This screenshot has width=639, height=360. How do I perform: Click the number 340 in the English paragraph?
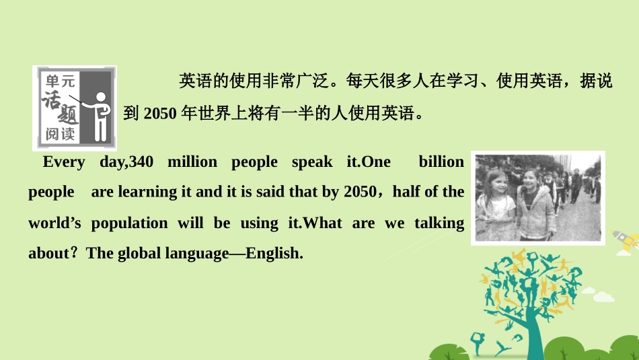(x=141, y=161)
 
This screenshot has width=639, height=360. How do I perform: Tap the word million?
(x=192, y=161)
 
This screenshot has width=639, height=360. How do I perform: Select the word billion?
(x=441, y=161)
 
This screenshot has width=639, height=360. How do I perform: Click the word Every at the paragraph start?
(x=64, y=161)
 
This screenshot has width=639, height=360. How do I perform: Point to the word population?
(x=129, y=223)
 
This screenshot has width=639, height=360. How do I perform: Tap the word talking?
(x=439, y=223)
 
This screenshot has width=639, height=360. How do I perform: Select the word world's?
(x=54, y=223)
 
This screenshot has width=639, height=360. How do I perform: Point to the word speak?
(x=312, y=161)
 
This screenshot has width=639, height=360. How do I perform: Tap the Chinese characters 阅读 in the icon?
(x=60, y=134)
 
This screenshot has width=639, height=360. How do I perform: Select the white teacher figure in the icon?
(x=100, y=114)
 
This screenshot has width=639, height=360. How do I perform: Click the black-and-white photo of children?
(x=537, y=197)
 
